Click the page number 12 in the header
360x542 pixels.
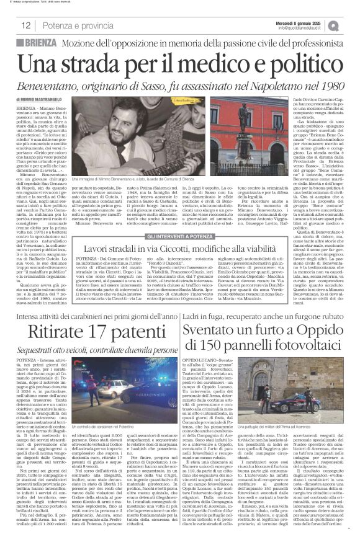tap(26, 25)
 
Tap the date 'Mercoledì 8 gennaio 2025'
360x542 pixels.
tap(308, 22)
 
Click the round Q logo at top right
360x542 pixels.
tap(351, 25)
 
